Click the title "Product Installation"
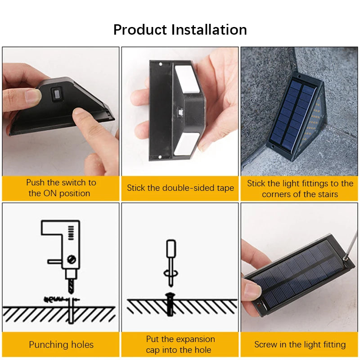180,30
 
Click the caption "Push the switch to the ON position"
61,188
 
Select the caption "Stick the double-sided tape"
180,188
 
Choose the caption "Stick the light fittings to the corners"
300,189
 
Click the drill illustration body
65,243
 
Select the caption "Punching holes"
61,345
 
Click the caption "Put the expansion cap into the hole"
180,344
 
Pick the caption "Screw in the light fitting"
300,345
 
